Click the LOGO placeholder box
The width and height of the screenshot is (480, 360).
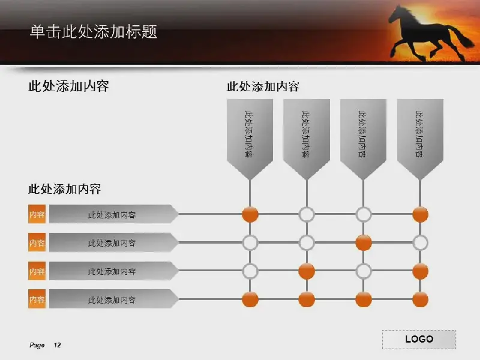pos(419,339)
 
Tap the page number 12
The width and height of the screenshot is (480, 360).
pos(57,345)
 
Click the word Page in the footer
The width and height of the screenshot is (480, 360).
pos(37,346)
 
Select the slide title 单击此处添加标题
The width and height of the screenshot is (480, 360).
pos(94,32)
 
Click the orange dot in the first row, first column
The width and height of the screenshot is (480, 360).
pos(250,214)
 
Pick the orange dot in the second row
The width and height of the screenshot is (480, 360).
pos(364,243)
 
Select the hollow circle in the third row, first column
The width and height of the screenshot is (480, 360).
pos(250,271)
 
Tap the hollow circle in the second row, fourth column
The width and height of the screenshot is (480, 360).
pos(420,243)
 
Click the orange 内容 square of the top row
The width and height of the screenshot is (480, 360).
pos(37,214)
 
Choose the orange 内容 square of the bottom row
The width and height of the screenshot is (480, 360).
pos(37,299)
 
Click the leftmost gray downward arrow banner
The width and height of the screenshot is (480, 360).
pos(250,139)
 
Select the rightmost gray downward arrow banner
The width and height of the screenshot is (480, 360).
pos(420,139)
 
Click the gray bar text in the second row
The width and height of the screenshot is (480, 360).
pos(112,243)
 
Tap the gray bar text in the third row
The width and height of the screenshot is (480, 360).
pos(112,272)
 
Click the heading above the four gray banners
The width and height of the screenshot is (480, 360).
pos(263,86)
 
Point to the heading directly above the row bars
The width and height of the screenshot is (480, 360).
pos(65,189)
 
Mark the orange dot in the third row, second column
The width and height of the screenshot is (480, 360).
pos(307,271)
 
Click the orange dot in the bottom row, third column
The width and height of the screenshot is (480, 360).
pos(364,299)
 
